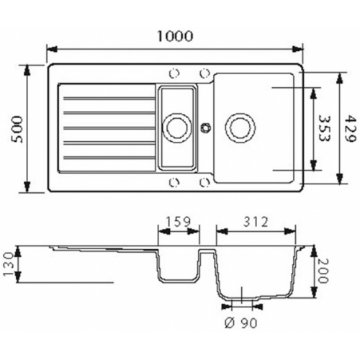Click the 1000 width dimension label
click(x=175, y=36)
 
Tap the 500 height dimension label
click(x=17, y=129)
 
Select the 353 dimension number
click(x=325, y=129)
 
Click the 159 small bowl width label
click(x=178, y=222)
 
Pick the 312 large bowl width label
click(x=256, y=222)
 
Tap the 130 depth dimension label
click(x=9, y=264)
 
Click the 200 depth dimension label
click(x=323, y=271)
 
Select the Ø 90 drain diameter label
click(x=240, y=323)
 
